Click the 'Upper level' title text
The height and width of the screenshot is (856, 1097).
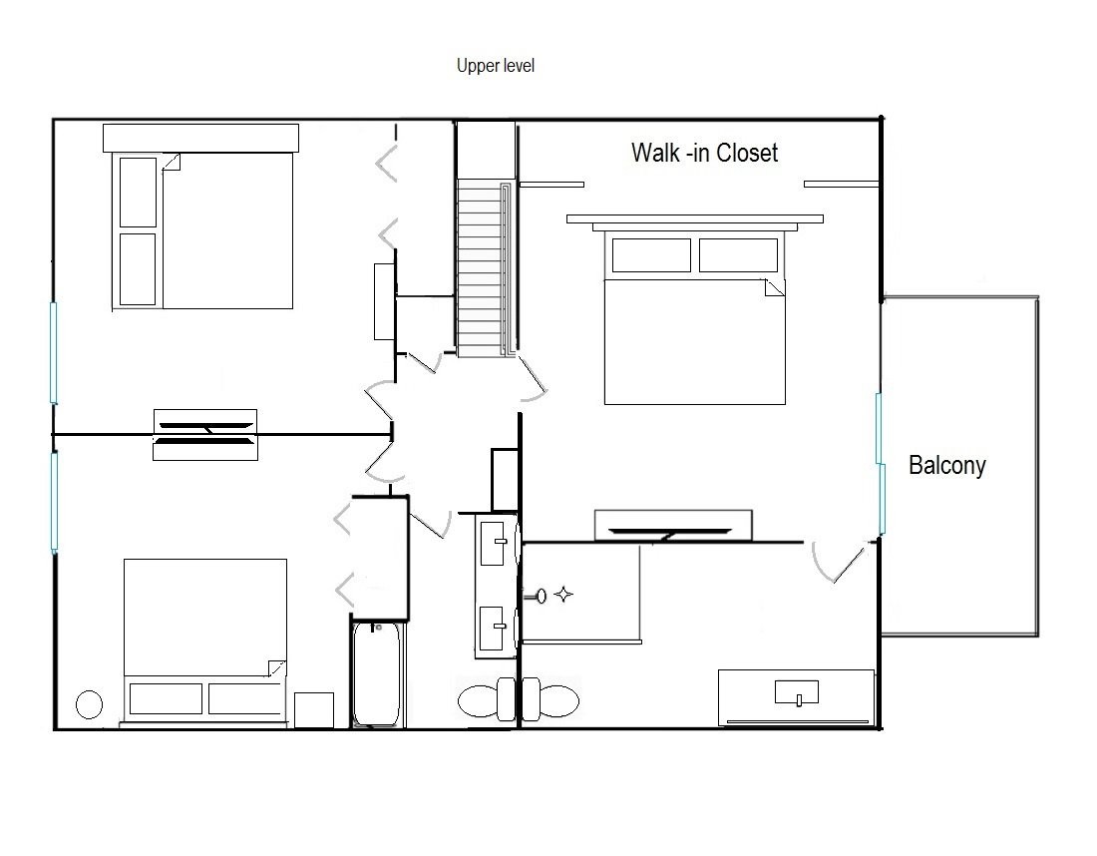click(x=496, y=66)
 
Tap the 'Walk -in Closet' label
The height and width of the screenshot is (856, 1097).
click(x=704, y=153)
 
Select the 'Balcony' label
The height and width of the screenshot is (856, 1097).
click(x=947, y=466)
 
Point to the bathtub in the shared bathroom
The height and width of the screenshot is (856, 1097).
click(x=377, y=674)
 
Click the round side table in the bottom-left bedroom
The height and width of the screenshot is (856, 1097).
click(x=89, y=704)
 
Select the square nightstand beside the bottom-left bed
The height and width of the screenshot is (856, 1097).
click(x=313, y=710)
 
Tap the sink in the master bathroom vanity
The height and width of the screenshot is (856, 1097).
click(x=797, y=692)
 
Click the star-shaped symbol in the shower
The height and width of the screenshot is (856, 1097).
click(x=563, y=595)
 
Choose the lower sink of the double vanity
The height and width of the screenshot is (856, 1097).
click(x=493, y=628)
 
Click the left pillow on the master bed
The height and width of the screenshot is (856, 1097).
click(x=651, y=254)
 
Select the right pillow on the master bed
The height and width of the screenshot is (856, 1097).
click(x=738, y=254)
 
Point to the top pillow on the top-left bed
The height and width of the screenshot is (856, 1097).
click(x=138, y=193)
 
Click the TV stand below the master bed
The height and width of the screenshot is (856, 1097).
click(x=673, y=526)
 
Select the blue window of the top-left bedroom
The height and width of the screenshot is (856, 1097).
click(x=53, y=353)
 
